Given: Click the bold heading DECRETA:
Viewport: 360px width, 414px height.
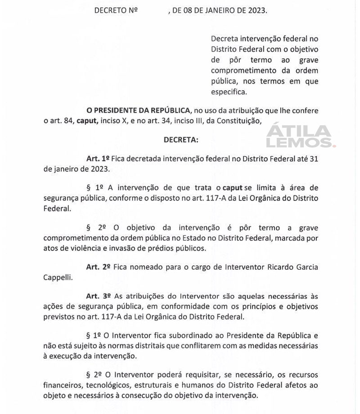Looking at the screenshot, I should click(180, 140).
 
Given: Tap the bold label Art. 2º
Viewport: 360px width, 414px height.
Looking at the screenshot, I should click(98, 267).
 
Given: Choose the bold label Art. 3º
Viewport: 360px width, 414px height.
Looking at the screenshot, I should click(98, 297).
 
